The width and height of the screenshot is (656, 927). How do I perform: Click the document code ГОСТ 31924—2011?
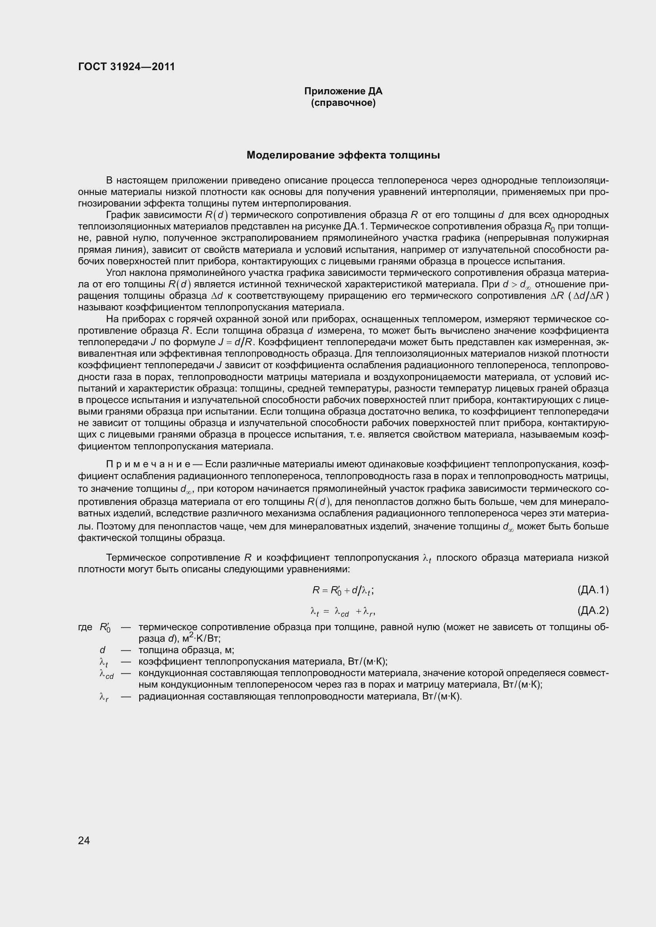click(127, 67)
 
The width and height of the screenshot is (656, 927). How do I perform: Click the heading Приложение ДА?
click(343, 91)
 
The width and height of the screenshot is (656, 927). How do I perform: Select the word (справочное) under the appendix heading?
click(343, 103)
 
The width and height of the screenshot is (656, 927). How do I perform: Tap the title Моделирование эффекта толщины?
click(343, 155)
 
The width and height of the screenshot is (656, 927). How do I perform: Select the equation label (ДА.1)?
click(593, 590)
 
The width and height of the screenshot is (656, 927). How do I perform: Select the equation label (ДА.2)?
click(593, 610)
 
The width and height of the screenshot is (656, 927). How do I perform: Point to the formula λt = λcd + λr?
click(343, 612)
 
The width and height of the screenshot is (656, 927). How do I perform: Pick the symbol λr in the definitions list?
click(104, 697)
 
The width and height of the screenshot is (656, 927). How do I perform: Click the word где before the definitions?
click(85, 627)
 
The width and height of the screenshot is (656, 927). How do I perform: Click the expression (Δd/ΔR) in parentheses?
click(588, 296)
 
